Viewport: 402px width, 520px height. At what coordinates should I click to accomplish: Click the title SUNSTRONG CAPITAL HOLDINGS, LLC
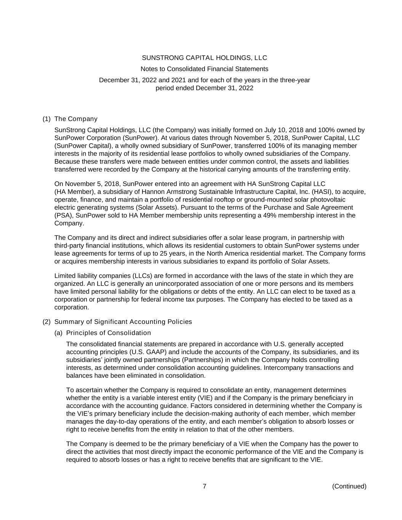point(204,58)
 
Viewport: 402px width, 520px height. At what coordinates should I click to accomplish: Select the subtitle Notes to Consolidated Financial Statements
point(204,69)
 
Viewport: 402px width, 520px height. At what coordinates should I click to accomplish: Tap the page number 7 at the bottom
point(205,486)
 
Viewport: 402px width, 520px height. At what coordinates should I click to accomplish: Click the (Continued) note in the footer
point(349,486)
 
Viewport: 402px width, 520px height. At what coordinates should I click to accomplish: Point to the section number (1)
point(46,119)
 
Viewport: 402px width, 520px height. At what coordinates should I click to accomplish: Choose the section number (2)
point(46,322)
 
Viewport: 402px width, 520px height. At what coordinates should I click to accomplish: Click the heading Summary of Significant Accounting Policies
point(123,322)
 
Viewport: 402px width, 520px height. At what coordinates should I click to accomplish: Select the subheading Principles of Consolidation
point(109,333)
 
